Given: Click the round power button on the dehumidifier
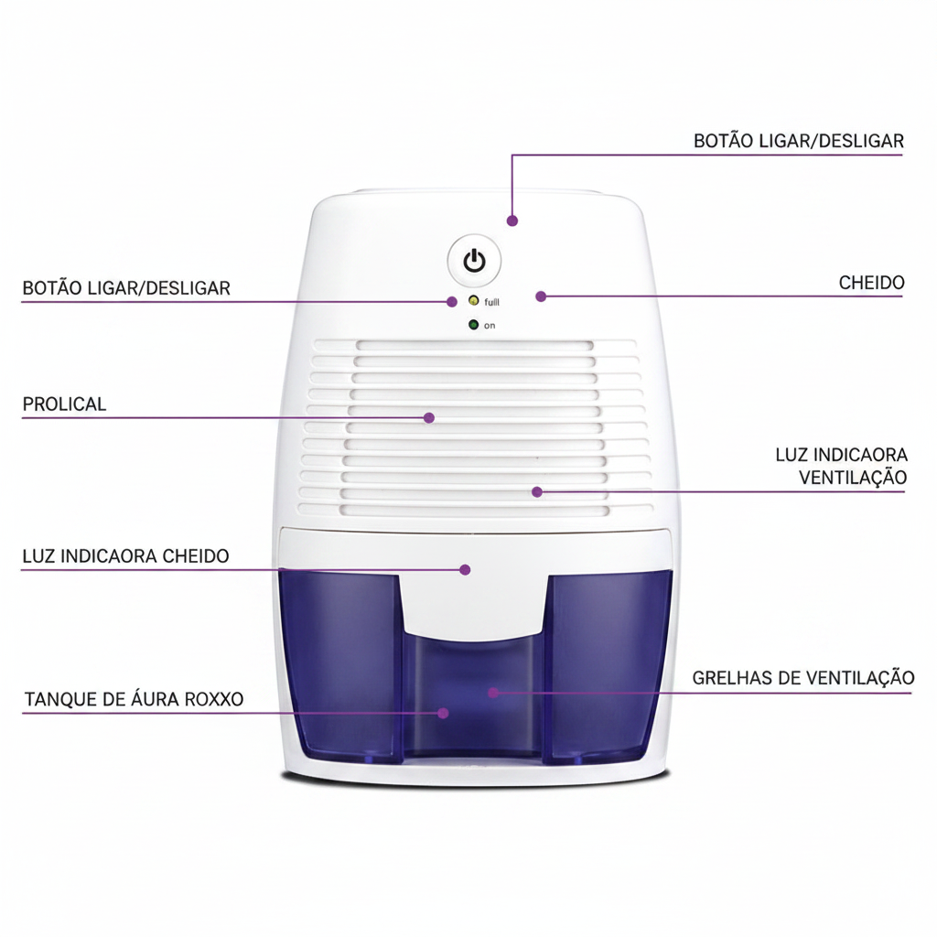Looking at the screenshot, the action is [475, 261].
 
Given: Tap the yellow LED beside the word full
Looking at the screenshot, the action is [473, 300].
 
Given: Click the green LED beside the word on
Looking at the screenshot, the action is [473, 325].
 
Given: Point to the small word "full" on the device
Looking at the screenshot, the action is [491, 302].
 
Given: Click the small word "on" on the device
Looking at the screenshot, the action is [490, 326].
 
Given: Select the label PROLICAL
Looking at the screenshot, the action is [65, 404].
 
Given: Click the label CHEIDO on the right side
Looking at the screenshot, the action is [871, 283].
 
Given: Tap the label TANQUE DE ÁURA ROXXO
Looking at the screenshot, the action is [134, 699].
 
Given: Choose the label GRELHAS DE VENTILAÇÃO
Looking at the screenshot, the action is [803, 678].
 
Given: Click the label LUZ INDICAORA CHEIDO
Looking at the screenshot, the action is [125, 556].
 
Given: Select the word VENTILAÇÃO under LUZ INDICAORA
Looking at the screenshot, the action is [853, 478].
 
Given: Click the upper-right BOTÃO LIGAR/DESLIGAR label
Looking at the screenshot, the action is [798, 141].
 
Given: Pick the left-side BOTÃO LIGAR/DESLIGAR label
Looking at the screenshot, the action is [126, 288].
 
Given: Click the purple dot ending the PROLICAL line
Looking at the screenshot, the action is [428, 417].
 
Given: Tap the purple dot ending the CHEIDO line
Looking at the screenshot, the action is [541, 296].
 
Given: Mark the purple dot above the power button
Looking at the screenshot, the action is [512, 221].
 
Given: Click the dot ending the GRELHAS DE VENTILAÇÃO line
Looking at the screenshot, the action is [493, 693].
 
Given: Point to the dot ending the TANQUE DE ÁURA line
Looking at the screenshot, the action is [443, 713].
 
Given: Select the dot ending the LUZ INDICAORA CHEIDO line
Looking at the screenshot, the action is [465, 569].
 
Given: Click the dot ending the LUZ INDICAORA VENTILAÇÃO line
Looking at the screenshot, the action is [536, 491].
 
